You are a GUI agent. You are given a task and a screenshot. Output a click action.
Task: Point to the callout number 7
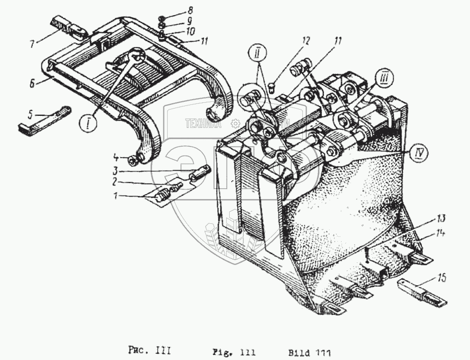[33, 43]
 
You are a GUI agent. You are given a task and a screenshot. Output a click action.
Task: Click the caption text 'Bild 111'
[310, 351]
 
